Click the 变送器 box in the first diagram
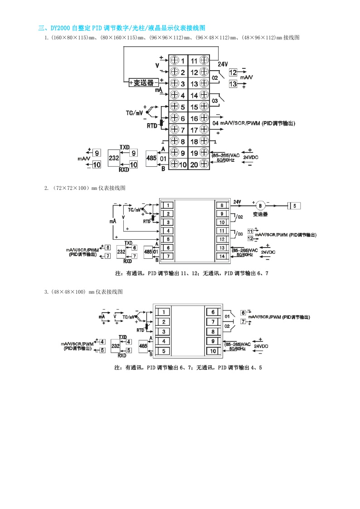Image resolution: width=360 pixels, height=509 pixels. pyautogui.click(x=143, y=83)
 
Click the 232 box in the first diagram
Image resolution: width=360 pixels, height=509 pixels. pyautogui.click(x=114, y=158)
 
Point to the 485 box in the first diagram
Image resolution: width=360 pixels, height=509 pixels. pyautogui.click(x=151, y=158)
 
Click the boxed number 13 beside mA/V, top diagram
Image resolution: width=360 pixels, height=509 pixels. pyautogui.click(x=233, y=84)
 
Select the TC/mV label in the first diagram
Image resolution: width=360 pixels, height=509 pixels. pyautogui.click(x=134, y=111)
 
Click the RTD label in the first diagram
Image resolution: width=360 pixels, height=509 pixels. pyautogui.click(x=152, y=126)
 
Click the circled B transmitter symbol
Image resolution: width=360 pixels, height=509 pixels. pyautogui.click(x=260, y=205)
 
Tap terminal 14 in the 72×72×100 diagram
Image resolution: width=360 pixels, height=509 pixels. pyautogui.click(x=222, y=256)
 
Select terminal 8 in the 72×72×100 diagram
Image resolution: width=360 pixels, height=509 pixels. pyautogui.click(x=222, y=205)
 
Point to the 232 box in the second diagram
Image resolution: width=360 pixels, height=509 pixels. pyautogui.click(x=121, y=252)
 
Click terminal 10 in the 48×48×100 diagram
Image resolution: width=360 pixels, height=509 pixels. pyautogui.click(x=213, y=351)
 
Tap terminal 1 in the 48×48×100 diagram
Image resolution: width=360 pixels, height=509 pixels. pyautogui.click(x=164, y=312)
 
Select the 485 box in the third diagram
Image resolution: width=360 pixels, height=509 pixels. pyautogui.click(x=143, y=346)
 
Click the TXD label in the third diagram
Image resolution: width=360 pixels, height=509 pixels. pyautogui.click(x=122, y=337)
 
